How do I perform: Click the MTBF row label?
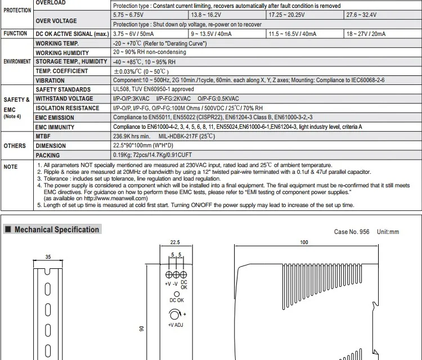[x=44, y=136]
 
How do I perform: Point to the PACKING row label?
[x=48, y=155]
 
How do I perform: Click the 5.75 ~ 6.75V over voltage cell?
[x=129, y=14]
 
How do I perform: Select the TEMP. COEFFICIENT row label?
[x=62, y=71]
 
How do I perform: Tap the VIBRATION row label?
[x=50, y=80]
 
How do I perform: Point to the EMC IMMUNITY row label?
[x=55, y=127]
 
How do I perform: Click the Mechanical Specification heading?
[x=56, y=229]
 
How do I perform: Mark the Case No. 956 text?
[x=352, y=232]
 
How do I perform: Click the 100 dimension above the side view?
[x=304, y=243]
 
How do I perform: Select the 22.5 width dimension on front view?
[x=174, y=244]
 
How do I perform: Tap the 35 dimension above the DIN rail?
[x=48, y=256]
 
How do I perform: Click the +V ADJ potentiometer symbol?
[x=175, y=315]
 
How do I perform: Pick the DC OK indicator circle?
[x=177, y=294]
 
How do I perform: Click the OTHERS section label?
[x=15, y=146]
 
